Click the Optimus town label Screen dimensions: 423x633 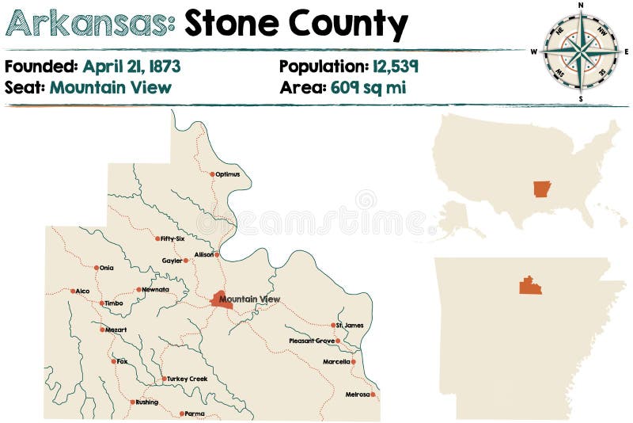228,174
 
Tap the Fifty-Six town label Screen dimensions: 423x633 172,238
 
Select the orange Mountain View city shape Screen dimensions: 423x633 221,299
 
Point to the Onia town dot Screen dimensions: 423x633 97,268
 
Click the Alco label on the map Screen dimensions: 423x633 82,291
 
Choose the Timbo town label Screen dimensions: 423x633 114,303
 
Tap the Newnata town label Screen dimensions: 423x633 156,289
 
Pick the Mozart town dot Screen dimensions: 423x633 102,330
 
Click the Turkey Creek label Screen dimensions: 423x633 188,379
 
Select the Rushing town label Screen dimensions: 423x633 147,402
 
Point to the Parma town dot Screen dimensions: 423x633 182,413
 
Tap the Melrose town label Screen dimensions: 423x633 357,394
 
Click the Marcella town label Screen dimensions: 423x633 336,362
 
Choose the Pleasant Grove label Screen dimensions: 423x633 312,341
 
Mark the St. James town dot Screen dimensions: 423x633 333,325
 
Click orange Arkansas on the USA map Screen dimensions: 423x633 542,189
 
